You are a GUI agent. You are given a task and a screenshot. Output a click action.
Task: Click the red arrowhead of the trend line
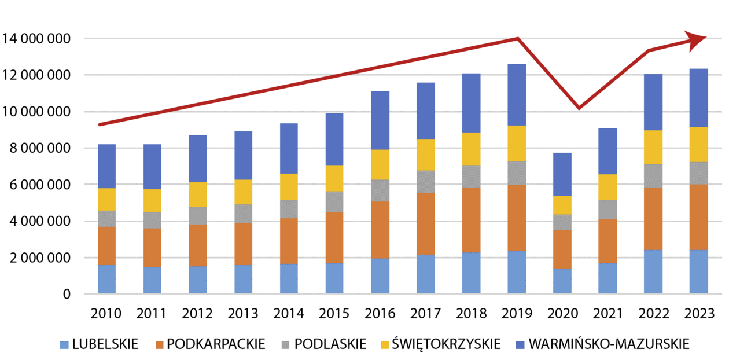[x=697, y=38]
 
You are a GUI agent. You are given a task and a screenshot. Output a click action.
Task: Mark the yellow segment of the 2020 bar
[x=562, y=205]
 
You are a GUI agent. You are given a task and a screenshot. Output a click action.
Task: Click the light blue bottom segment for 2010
[x=106, y=280]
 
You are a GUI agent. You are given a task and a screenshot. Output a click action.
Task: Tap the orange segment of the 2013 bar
[x=243, y=244]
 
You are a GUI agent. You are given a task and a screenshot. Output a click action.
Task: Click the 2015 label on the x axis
[x=334, y=314]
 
